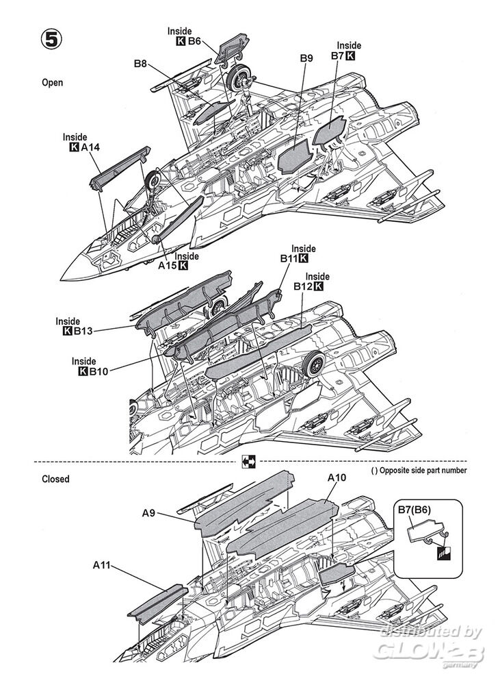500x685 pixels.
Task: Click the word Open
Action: [x=53, y=82]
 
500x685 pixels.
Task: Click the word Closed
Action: [x=55, y=480]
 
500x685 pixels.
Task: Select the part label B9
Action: [x=306, y=59]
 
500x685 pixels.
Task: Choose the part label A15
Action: [x=168, y=265]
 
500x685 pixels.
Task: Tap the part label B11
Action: [x=288, y=259]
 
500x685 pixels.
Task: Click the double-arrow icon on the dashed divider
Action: [x=248, y=462]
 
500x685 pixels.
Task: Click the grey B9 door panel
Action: [x=295, y=159]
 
